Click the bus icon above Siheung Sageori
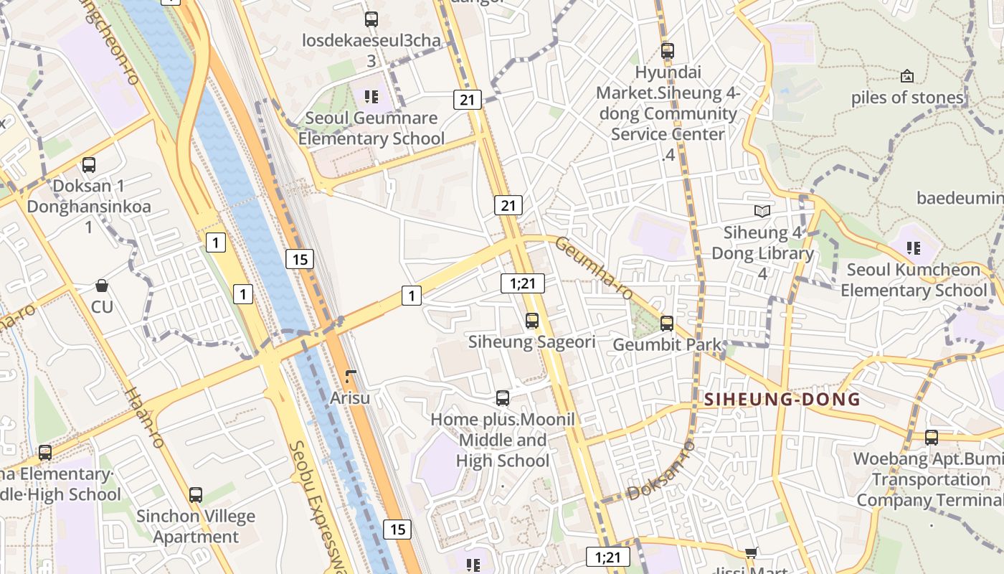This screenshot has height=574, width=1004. pos(531,321)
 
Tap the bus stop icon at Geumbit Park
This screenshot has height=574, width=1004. pos(667,324)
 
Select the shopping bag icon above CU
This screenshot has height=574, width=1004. pos(102,286)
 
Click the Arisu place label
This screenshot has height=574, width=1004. pos(350,397)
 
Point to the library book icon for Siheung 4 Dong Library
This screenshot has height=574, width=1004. pos(762,211)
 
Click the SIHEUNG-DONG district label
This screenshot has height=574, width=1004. pos(782,400)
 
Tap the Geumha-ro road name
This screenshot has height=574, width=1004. pos(595,269)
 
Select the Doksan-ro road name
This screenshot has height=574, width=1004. pos(661,471)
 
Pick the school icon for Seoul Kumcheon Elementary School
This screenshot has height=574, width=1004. pos(913,248)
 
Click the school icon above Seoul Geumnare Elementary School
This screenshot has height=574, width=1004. pos(371,96)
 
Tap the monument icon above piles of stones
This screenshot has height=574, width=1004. pos(907,76)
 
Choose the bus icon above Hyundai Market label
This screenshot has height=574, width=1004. pos(668,51)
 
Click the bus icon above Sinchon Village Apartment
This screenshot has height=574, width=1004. pos(195,495)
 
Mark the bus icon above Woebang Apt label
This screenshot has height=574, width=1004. pos(931,437)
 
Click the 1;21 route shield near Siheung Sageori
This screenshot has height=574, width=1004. pos(522,283)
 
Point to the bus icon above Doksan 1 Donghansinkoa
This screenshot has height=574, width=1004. pos(89,165)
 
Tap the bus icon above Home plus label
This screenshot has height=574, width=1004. pos(503,398)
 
